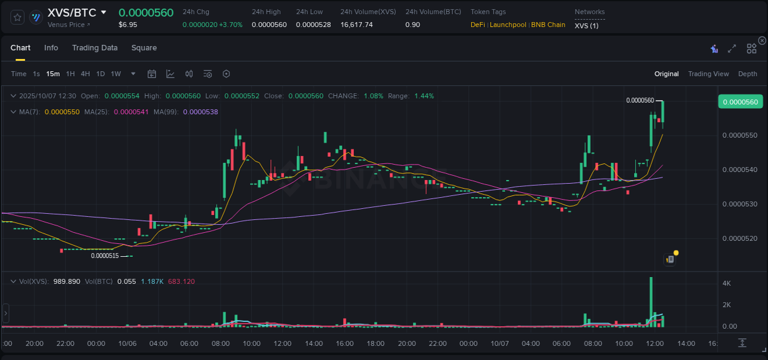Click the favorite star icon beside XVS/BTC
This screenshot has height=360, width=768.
point(18,17)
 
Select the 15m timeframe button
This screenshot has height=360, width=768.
point(53,74)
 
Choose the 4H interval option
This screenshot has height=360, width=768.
point(85,74)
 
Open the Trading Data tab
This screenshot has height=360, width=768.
point(95,48)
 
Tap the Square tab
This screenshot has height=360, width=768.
point(144,48)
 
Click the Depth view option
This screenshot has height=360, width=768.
point(747,74)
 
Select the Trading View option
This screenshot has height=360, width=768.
point(708,74)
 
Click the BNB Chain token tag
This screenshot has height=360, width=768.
point(548,25)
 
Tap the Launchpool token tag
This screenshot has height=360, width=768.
point(507,25)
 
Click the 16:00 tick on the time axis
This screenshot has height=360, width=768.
point(345,343)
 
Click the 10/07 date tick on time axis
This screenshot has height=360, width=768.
point(499,343)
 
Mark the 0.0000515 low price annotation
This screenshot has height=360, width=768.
point(104,256)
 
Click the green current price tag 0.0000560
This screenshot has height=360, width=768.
point(741,102)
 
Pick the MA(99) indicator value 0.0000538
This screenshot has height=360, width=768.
point(200,112)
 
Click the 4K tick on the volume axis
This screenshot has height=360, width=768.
point(726,283)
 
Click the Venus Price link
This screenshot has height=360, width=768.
point(68,25)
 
